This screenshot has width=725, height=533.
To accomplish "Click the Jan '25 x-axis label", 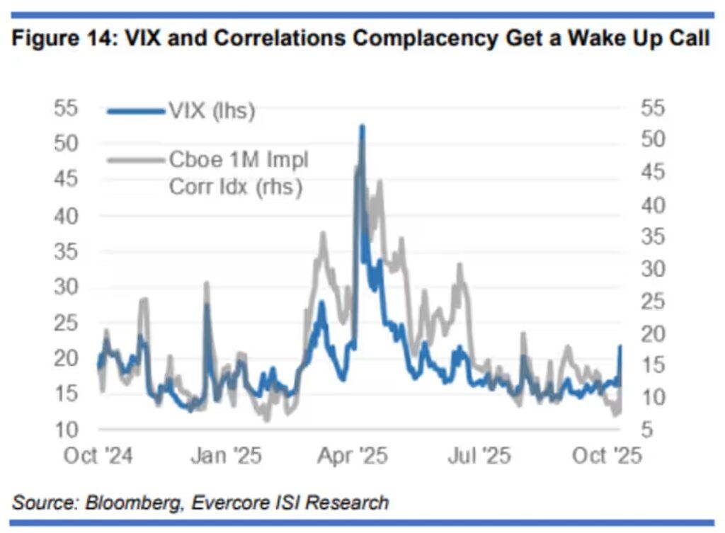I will [x=227, y=456].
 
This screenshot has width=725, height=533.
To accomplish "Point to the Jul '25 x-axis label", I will [x=479, y=456].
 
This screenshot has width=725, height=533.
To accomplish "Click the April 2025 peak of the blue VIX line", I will [x=362, y=127].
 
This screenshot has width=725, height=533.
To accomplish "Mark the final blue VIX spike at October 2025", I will [x=621, y=346].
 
